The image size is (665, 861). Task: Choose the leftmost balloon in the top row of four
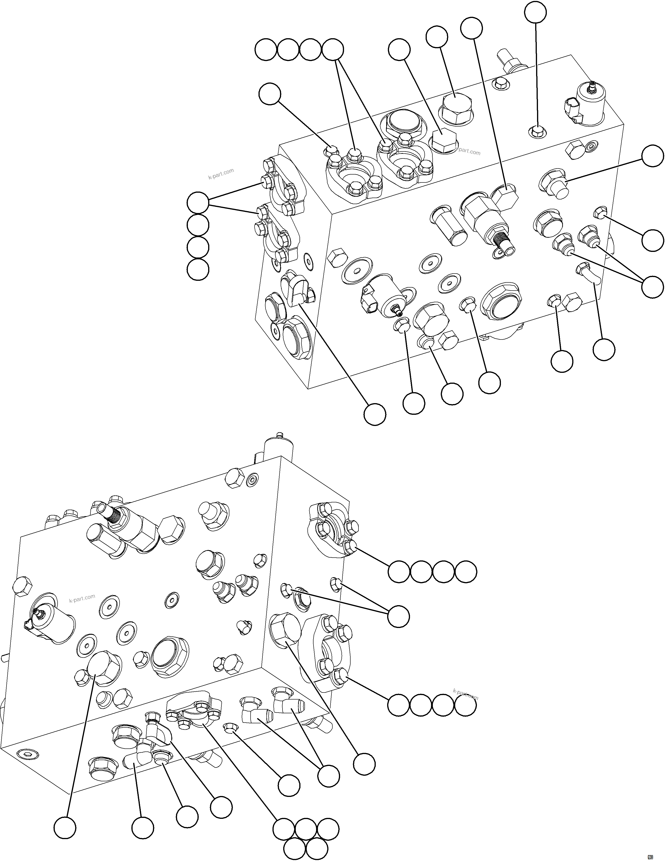[x=266, y=50]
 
